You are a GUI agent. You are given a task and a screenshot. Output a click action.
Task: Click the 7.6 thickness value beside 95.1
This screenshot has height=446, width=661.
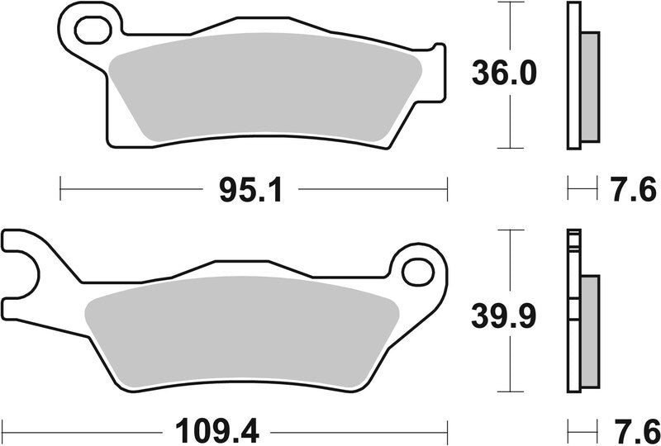(x=636, y=190)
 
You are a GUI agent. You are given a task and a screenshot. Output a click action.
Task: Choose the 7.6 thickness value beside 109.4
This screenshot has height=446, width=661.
(x=636, y=431)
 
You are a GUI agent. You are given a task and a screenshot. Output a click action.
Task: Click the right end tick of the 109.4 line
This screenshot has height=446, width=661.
(x=447, y=430)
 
